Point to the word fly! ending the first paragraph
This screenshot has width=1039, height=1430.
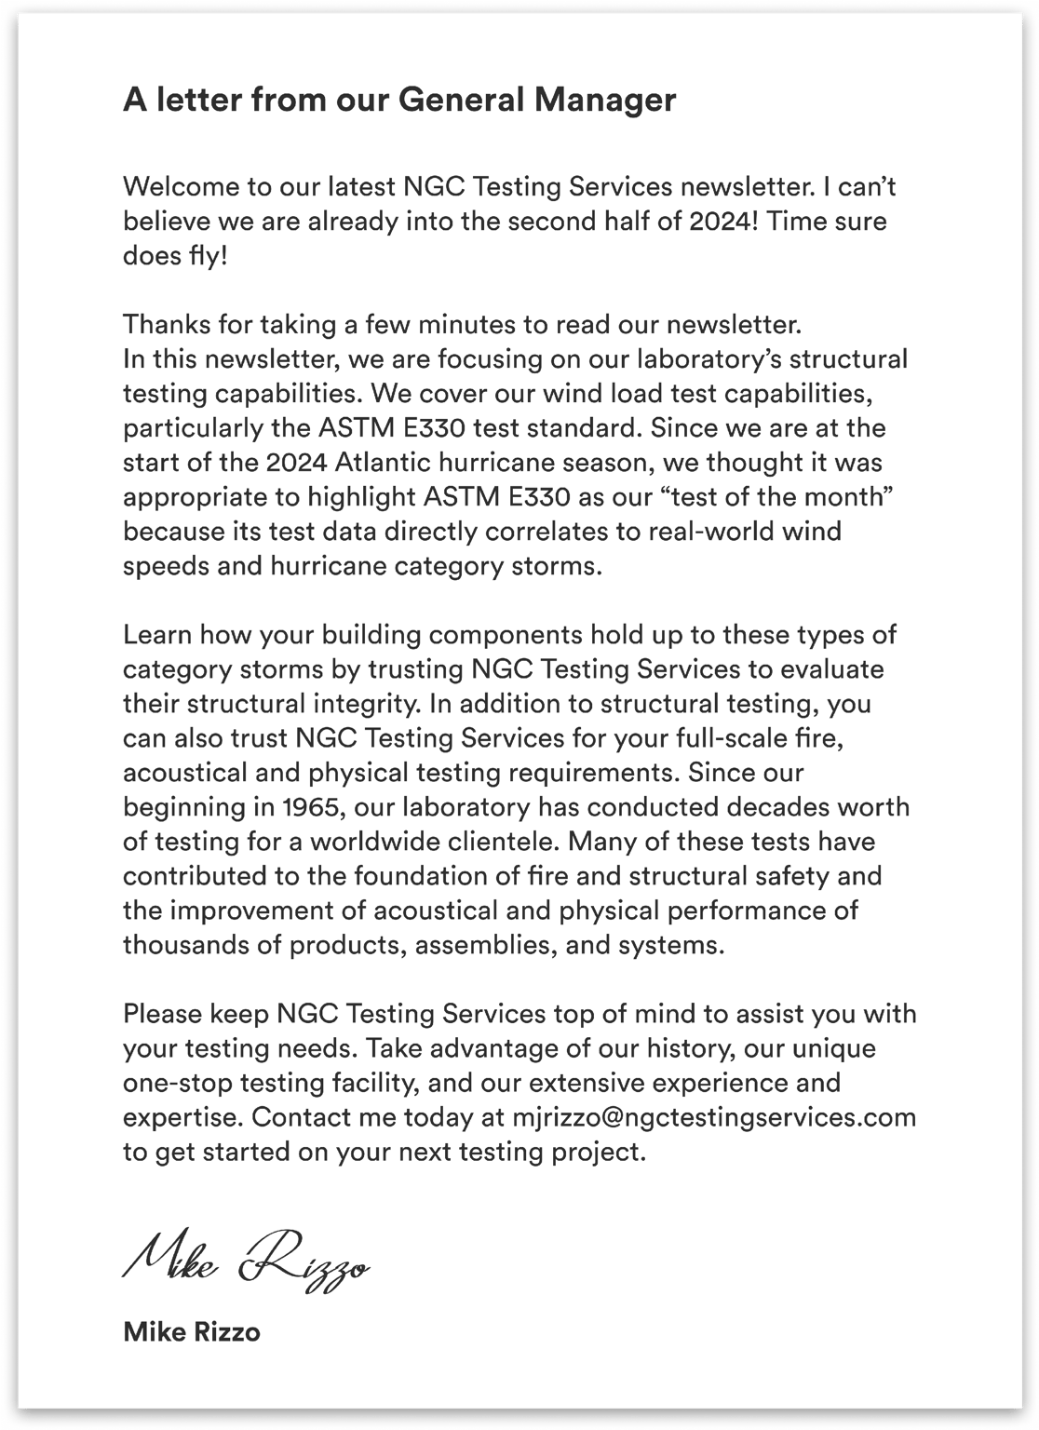pos(200,256)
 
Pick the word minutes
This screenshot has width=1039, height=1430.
pos(473,324)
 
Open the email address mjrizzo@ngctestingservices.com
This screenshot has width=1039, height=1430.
pos(714,1116)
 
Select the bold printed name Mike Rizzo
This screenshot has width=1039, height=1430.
pos(192,1332)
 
